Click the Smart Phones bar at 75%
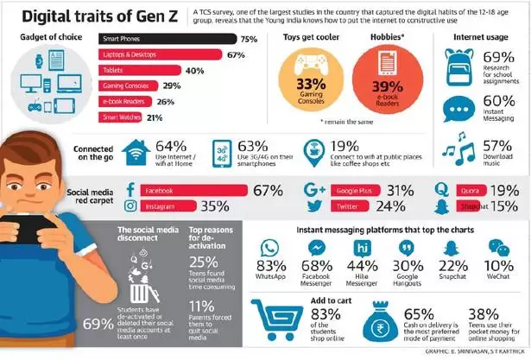(x=168, y=39)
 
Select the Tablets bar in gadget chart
(x=138, y=70)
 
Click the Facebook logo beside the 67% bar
(x=132, y=189)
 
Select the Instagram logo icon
(x=132, y=206)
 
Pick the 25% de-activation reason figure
(x=206, y=262)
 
